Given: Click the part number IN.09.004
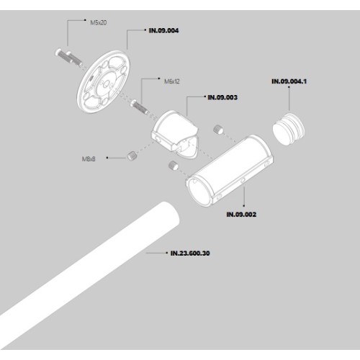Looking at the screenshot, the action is [163, 30].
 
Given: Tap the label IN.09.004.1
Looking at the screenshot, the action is [289, 81].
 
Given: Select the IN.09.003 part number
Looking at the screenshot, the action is [222, 97].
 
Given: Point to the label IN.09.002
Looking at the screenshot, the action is [241, 215].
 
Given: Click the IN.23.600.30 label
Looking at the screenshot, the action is [190, 253].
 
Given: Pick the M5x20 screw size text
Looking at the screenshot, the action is [99, 22].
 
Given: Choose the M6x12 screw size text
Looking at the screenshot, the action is [172, 81].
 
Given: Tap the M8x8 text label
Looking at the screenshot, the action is [89, 159].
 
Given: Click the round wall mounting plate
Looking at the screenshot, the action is [104, 82].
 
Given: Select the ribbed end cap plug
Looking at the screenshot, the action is [289, 129].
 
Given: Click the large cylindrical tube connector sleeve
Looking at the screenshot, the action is [230, 171].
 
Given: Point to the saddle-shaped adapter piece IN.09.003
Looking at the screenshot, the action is [175, 135].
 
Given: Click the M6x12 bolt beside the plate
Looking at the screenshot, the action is [140, 108].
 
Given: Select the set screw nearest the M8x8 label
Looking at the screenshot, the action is [132, 156].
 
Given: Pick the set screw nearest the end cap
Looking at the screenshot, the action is [218, 130].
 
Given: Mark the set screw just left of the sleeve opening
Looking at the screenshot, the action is [174, 166].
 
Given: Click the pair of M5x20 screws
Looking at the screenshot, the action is [68, 58].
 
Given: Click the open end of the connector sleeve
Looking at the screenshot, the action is [199, 192].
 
